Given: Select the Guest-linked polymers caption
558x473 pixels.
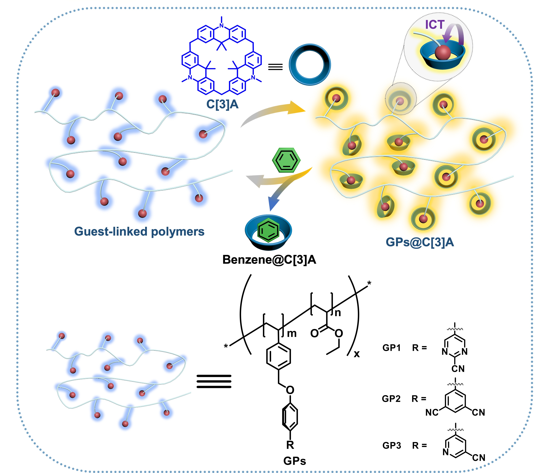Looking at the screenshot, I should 139,231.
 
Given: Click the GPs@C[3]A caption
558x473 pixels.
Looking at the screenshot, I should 420,242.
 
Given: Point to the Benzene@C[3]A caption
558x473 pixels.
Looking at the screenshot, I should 269,259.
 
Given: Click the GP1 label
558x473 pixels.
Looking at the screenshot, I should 392,348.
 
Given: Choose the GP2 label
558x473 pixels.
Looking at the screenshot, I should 391,399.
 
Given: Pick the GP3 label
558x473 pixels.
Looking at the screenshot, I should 392,445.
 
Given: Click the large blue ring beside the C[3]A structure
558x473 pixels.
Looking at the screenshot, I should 310,65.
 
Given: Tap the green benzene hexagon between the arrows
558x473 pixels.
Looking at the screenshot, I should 286,160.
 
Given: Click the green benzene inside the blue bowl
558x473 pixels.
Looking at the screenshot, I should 268,230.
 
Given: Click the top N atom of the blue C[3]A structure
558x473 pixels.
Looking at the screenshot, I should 222,26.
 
